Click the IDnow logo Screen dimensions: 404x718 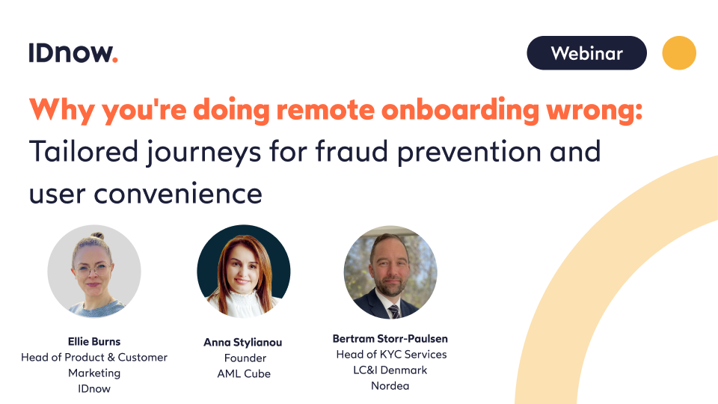(x=73, y=53)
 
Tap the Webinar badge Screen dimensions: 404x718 (x=586, y=53)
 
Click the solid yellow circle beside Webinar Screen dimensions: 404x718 (x=679, y=53)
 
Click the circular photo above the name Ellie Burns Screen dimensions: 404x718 (x=94, y=271)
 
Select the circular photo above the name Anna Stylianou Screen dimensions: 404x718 (x=243, y=272)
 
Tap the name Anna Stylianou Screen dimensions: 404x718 (x=243, y=343)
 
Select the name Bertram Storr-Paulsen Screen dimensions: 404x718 (x=390, y=339)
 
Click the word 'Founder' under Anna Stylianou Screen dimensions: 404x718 (x=243, y=358)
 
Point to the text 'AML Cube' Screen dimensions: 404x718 (x=243, y=373)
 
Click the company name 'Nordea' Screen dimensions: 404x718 (x=390, y=386)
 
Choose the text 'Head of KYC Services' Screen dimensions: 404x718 (x=390, y=355)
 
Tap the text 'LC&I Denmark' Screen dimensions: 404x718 (x=390, y=370)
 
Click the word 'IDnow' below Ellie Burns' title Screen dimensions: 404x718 (x=94, y=388)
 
